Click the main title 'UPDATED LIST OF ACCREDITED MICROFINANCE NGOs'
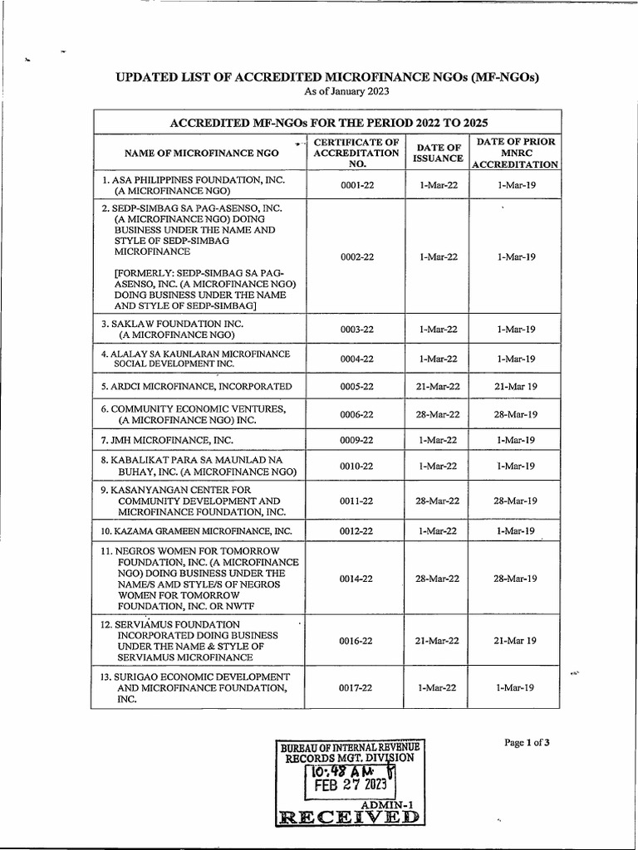tap(327, 78)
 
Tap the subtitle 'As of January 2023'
tap(327, 91)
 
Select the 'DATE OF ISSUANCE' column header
tap(437, 154)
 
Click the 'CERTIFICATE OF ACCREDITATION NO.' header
tap(357, 154)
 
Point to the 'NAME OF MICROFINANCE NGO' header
tap(201, 154)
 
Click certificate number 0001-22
tap(357, 185)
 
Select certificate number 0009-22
tap(357, 440)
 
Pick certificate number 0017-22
tap(357, 688)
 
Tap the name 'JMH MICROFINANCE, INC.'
tap(167, 440)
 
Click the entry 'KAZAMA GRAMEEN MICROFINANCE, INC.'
tap(196, 530)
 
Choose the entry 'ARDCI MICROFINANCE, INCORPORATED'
tap(196, 387)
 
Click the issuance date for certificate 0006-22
tap(438, 414)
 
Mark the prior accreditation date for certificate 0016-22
tap(515, 641)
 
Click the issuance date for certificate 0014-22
tap(438, 579)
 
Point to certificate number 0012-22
tap(357, 530)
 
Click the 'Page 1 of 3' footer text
tap(527, 743)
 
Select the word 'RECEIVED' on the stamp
tap(348, 817)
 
